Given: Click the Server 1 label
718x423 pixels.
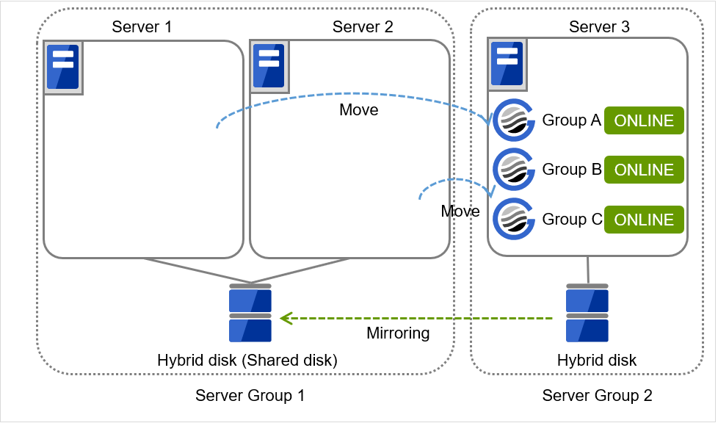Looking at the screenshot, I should [142, 27].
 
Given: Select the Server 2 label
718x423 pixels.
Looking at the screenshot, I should [363, 27].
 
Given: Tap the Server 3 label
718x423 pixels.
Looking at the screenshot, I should [599, 27].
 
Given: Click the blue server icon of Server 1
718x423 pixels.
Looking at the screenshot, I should [63, 67].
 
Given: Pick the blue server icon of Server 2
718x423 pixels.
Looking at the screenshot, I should [269, 67].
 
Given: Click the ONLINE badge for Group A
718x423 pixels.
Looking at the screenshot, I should [644, 121].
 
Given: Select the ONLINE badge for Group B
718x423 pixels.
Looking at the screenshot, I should [644, 170].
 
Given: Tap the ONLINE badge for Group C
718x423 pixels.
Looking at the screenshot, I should [644, 220].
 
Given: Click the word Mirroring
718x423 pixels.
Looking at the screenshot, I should [398, 333].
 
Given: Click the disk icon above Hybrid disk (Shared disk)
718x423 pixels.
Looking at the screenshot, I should [250, 314].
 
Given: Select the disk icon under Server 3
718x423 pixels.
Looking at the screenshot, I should [587, 314].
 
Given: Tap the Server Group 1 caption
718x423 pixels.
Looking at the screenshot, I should [250, 396].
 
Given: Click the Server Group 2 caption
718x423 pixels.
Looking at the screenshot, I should [597, 396].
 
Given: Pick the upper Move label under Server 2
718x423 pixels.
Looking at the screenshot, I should [359, 110].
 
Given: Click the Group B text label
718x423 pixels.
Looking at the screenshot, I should [572, 170].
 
